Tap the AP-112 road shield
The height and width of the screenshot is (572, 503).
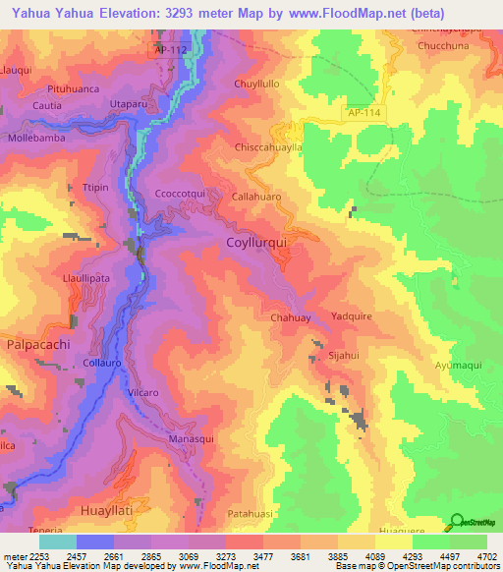point(169,48)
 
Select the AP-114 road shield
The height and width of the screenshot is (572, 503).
point(364,114)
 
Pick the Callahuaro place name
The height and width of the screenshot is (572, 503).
point(256,197)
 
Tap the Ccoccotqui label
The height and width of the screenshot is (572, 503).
point(180,195)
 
